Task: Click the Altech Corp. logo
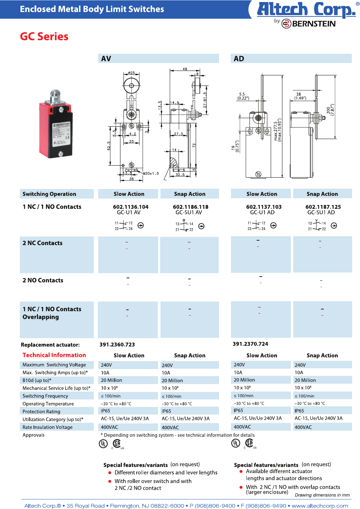pyautogui.click(x=306, y=10)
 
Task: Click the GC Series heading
pyautogui.click(x=44, y=37)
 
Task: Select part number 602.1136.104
pyautogui.click(x=131, y=207)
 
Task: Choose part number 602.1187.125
pyautogui.click(x=323, y=207)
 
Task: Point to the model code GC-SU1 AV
pyautogui.click(x=189, y=213)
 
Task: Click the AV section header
pyautogui.click(x=106, y=59)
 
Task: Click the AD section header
pyautogui.click(x=239, y=59)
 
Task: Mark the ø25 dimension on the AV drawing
pyautogui.click(x=131, y=73)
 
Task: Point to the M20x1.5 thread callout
pyautogui.click(x=151, y=174)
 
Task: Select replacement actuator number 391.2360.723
pyautogui.click(x=117, y=345)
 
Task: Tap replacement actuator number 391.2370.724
pyautogui.click(x=250, y=344)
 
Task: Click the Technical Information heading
pyautogui.click(x=54, y=355)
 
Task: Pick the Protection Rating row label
pyautogui.click(x=41, y=411)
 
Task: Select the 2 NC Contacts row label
pyautogui.click(x=42, y=243)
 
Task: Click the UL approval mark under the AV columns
pyautogui.click(x=103, y=444)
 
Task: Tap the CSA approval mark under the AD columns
pyautogui.click(x=249, y=443)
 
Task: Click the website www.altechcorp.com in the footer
pyautogui.click(x=320, y=506)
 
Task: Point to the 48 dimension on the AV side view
pyautogui.click(x=185, y=69)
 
